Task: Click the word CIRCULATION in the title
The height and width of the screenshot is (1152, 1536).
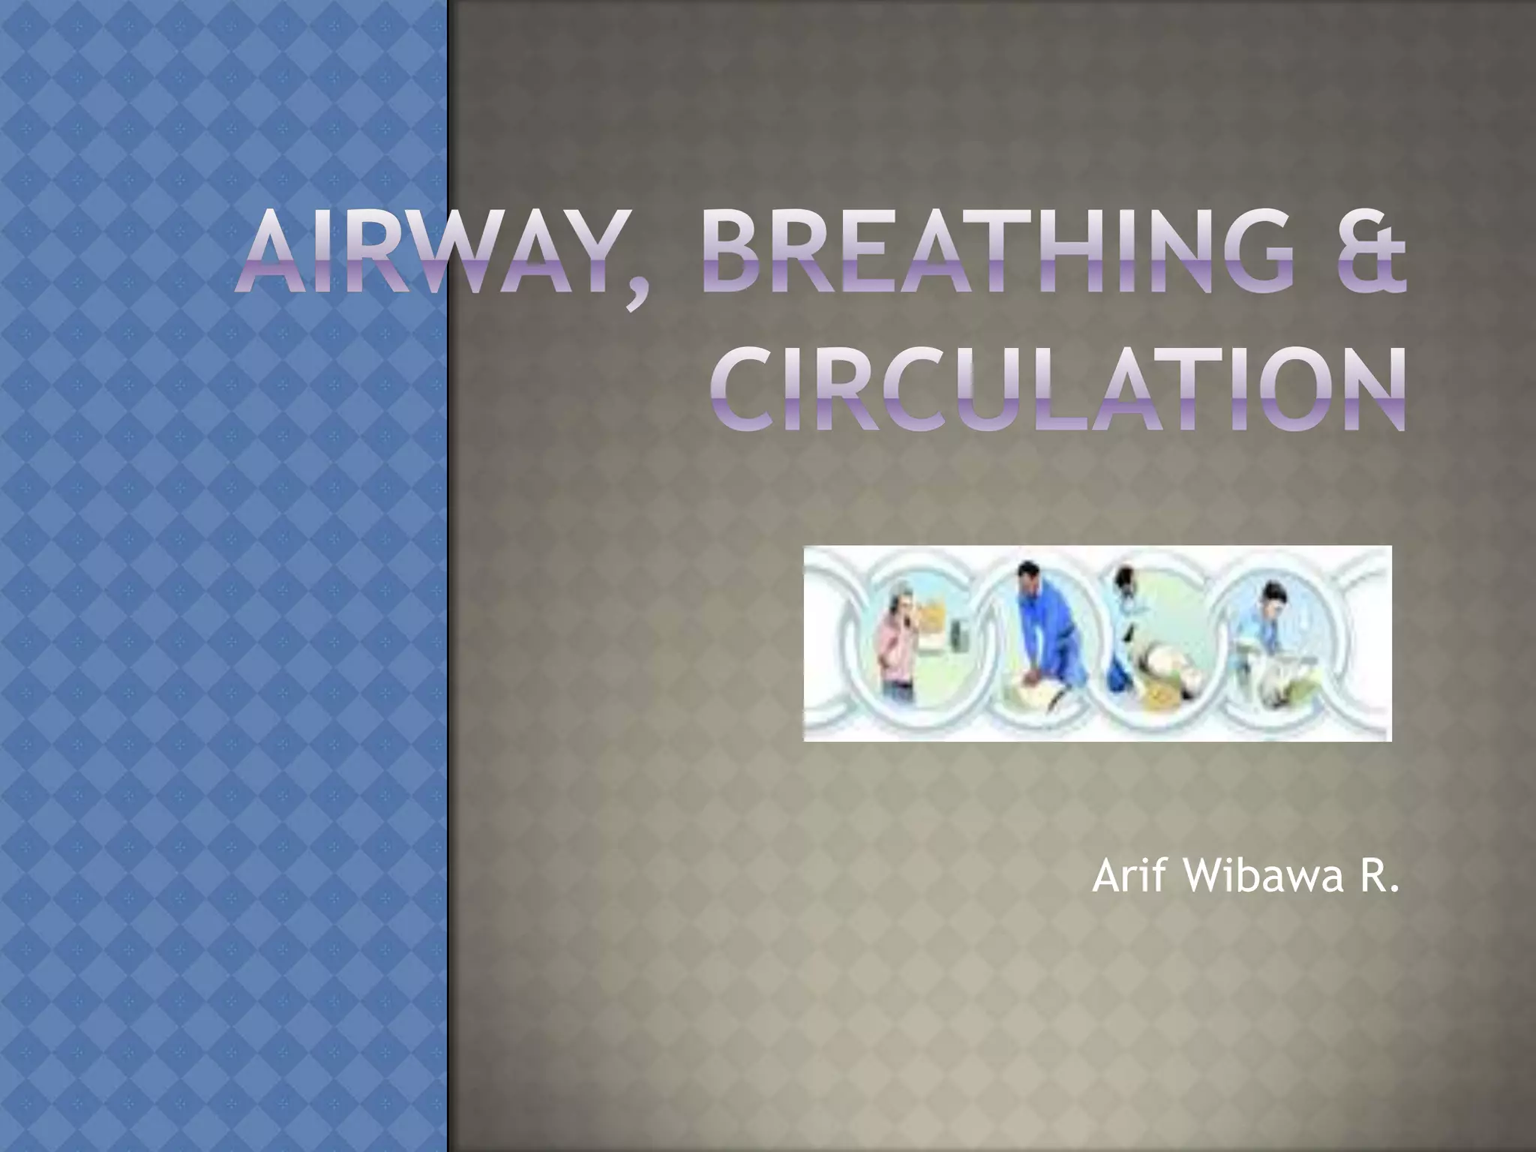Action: [1058, 393]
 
